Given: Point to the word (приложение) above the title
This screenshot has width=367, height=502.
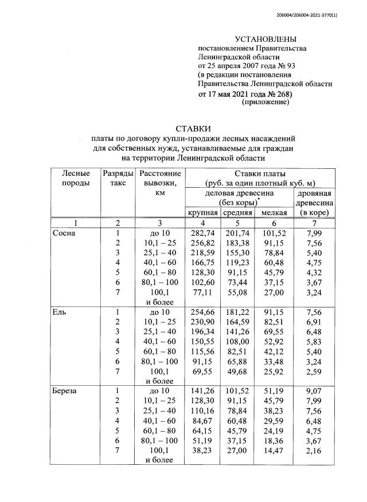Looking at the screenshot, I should pyautogui.click(x=266, y=102).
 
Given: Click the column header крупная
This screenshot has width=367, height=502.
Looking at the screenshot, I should pyautogui.click(x=204, y=213).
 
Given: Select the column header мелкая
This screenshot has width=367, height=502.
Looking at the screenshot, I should pyautogui.click(x=274, y=213).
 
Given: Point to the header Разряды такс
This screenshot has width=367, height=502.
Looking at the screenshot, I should pyautogui.click(x=117, y=178).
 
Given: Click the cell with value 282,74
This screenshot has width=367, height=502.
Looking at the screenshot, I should pyautogui.click(x=204, y=234).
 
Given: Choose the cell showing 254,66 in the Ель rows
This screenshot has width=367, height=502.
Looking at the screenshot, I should pyautogui.click(x=204, y=313).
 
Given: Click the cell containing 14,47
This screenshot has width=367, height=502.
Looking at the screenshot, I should pyautogui.click(x=274, y=452).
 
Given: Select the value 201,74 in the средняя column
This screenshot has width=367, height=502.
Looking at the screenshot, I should pyautogui.click(x=237, y=234).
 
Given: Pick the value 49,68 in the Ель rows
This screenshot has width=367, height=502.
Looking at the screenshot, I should pyautogui.click(x=237, y=372).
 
